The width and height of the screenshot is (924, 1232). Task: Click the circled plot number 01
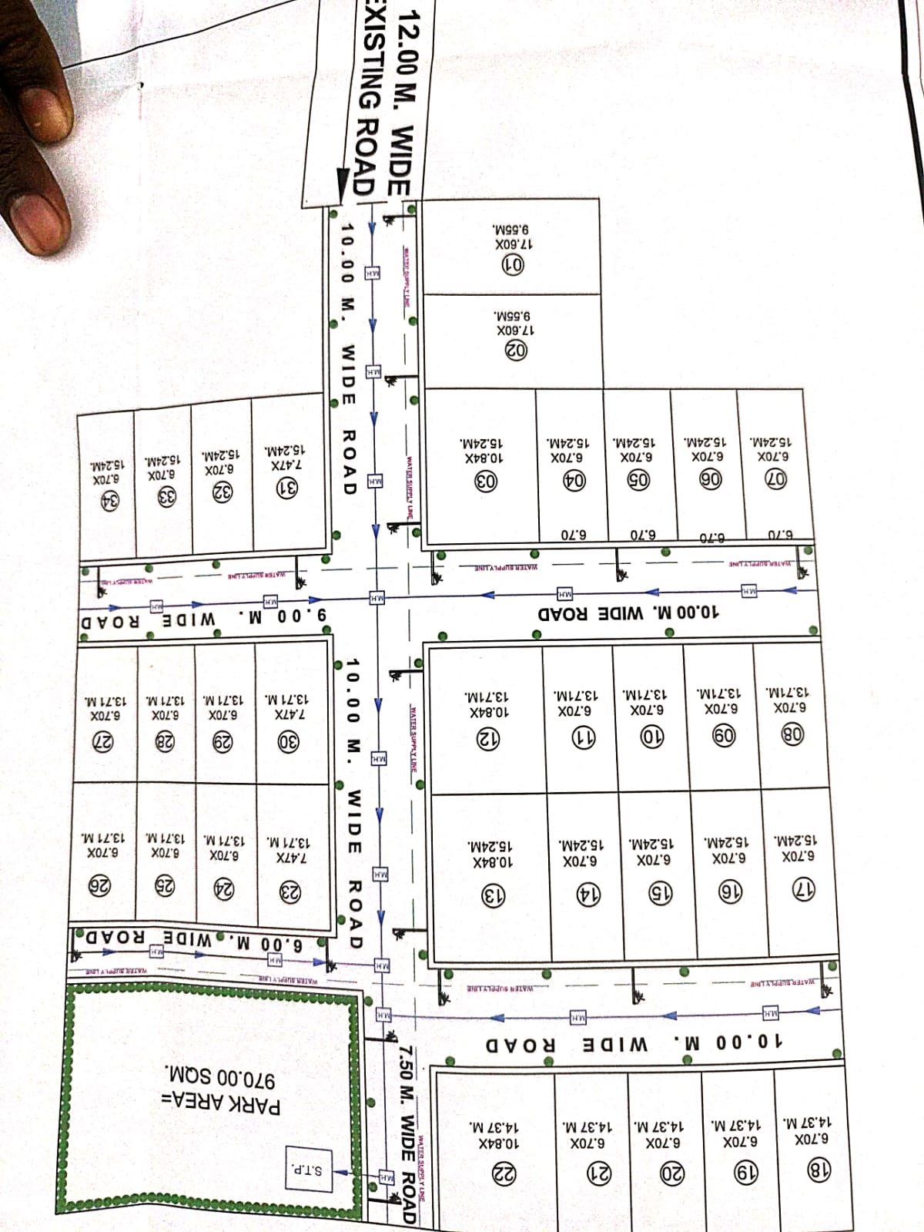pos(514,265)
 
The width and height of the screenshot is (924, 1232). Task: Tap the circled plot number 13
pos(494,896)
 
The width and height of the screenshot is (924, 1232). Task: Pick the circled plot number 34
pos(109,501)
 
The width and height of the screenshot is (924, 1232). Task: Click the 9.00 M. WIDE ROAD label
pos(204,617)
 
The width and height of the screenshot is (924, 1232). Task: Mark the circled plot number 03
pos(486,482)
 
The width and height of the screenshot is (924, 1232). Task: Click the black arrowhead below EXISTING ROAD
pos(343,185)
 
